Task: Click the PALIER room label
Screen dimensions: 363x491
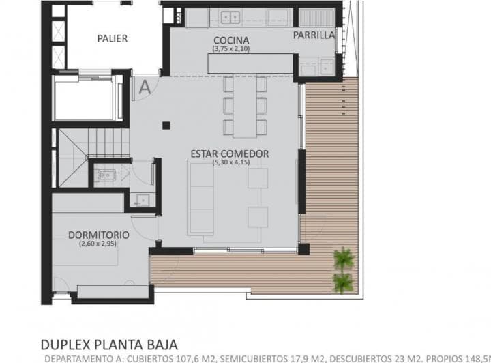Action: coord(112,38)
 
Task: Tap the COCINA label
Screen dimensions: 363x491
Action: coord(230,40)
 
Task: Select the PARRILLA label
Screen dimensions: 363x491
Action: coord(314,35)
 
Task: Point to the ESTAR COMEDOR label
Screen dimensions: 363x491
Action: coord(230,154)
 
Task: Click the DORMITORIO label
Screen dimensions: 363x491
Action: coord(98,235)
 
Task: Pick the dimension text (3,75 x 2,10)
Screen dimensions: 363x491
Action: coord(231,48)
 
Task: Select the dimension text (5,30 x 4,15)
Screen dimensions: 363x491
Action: coord(230,162)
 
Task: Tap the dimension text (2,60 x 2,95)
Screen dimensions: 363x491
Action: coord(98,244)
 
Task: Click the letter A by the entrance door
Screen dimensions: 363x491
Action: coord(144,87)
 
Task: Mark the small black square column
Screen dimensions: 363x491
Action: coord(166,125)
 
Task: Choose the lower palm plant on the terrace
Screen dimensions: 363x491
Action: coord(343,281)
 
